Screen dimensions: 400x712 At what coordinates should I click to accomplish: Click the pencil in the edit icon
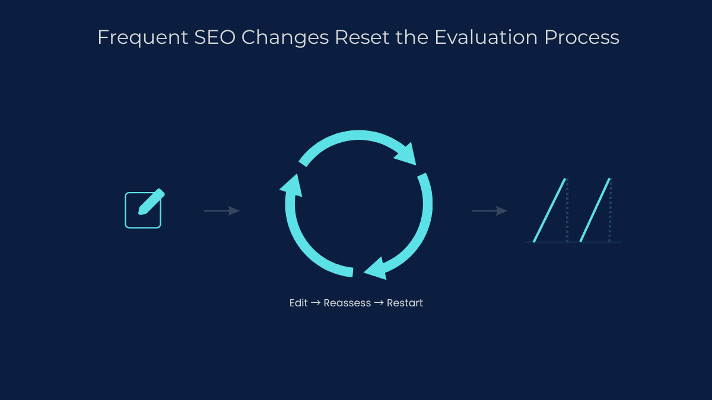pyautogui.click(x=151, y=202)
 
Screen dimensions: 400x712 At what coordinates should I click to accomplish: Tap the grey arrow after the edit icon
pyautogui.click(x=221, y=211)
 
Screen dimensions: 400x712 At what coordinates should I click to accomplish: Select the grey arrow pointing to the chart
pyautogui.click(x=489, y=211)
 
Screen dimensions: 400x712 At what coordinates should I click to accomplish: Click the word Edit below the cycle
pyautogui.click(x=298, y=303)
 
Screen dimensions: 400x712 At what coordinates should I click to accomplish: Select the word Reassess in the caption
pyautogui.click(x=347, y=303)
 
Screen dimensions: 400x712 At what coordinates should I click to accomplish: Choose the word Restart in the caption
pyautogui.click(x=405, y=303)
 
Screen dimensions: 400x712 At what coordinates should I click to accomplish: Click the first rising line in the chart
pyautogui.click(x=549, y=210)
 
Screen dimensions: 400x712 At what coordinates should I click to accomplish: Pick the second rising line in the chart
pyautogui.click(x=595, y=210)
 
